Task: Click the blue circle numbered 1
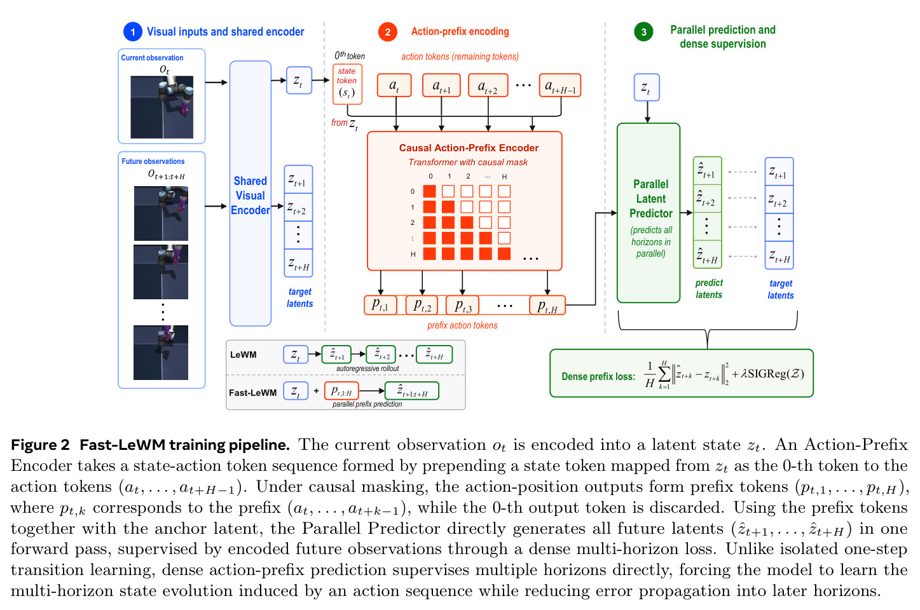pyautogui.click(x=133, y=32)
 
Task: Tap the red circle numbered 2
pyautogui.click(x=387, y=32)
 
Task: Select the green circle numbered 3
pyautogui.click(x=643, y=32)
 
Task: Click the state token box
pyautogui.click(x=347, y=84)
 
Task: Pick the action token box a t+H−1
pyautogui.click(x=560, y=85)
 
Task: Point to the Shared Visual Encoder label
pyautogui.click(x=250, y=196)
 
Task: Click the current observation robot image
pyautogui.click(x=162, y=107)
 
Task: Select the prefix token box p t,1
pyautogui.click(x=380, y=305)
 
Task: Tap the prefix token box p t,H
pyautogui.click(x=547, y=305)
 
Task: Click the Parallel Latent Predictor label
pyautogui.click(x=651, y=199)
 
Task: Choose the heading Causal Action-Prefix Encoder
pyautogui.click(x=469, y=148)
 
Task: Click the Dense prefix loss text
pyautogui.click(x=598, y=376)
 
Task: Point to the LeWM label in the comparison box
pyautogui.click(x=243, y=355)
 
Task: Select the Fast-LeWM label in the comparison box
pyautogui.click(x=252, y=393)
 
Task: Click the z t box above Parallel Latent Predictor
pyautogui.click(x=647, y=88)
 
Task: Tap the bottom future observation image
pyautogui.click(x=161, y=353)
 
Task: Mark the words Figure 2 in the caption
pyautogui.click(x=40, y=445)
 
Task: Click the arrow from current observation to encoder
pyautogui.click(x=216, y=83)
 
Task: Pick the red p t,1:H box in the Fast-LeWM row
pyautogui.click(x=341, y=391)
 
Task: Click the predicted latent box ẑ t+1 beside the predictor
pyautogui.click(x=707, y=171)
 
